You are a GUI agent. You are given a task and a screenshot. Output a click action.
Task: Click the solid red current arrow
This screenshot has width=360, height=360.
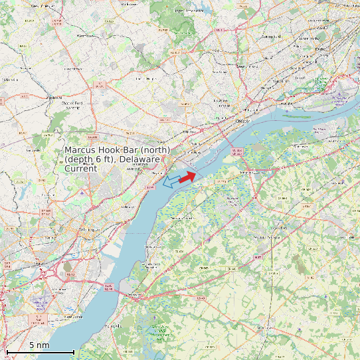[x=188, y=175]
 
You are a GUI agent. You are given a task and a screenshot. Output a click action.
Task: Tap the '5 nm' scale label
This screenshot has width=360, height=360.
[x=39, y=345]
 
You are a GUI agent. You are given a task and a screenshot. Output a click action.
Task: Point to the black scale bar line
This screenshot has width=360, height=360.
[x=40, y=351]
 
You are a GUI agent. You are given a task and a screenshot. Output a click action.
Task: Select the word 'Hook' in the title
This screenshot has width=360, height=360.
[x=114, y=150]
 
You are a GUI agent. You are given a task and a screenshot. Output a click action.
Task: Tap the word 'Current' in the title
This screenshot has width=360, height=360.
[x=80, y=169]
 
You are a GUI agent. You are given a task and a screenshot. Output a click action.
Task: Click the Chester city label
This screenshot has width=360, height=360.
[x=245, y=121]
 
